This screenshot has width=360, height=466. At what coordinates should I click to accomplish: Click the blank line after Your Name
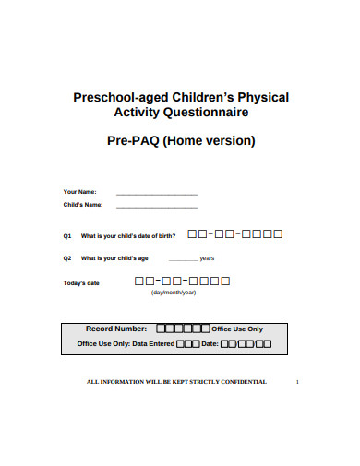tap(156, 193)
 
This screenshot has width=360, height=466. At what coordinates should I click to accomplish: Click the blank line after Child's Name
tap(156, 206)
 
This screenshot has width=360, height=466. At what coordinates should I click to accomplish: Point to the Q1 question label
tap(67, 236)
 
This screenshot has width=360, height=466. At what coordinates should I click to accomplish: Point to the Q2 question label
tap(67, 258)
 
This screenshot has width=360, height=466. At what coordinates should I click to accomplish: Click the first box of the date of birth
tap(192, 234)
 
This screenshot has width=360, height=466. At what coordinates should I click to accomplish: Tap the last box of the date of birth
tap(278, 234)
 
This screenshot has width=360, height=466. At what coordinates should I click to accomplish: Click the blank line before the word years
tap(184, 260)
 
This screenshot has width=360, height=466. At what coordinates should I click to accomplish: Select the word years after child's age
tap(207, 258)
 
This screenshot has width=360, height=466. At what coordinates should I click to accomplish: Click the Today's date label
tap(81, 283)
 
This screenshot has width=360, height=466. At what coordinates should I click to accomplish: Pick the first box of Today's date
tap(139, 281)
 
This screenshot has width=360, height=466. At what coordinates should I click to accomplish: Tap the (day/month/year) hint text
tap(174, 293)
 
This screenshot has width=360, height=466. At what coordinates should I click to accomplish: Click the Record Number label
tap(116, 329)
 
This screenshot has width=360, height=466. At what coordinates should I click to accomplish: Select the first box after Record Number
tap(162, 329)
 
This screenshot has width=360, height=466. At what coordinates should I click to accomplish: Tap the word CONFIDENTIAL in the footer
tap(242, 381)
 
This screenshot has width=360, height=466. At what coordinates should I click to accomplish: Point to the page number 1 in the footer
tap(296, 381)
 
